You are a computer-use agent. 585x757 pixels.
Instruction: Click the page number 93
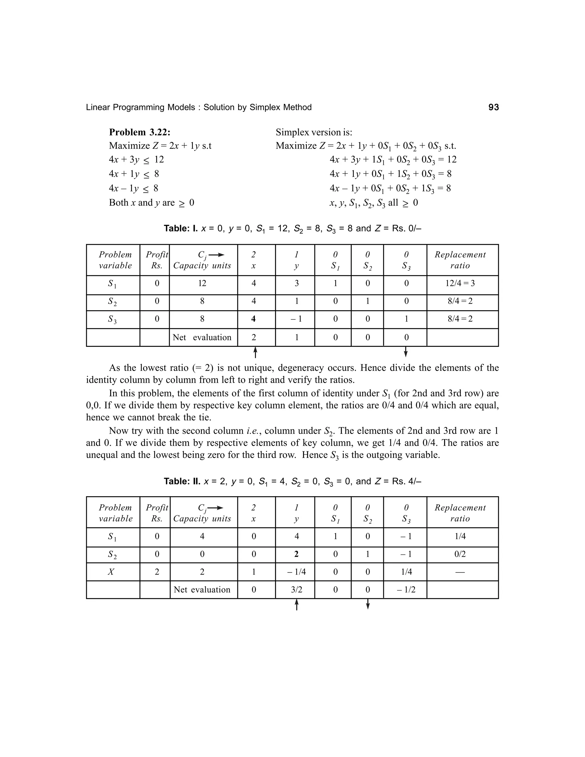[x=494, y=107]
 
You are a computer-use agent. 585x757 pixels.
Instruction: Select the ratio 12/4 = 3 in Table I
[x=460, y=284]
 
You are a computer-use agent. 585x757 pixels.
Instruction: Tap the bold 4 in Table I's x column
[x=253, y=319]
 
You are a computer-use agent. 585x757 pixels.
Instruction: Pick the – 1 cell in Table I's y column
[x=296, y=319]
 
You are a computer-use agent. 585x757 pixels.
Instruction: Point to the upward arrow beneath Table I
[x=255, y=352]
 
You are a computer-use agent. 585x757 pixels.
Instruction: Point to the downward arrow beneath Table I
[x=406, y=352]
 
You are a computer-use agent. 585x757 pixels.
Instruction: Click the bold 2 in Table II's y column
[x=296, y=554]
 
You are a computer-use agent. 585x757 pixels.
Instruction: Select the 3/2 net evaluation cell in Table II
[x=296, y=590]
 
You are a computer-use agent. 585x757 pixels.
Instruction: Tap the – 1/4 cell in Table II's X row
[x=296, y=572]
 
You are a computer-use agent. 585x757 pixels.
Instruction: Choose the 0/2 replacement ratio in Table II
[x=460, y=554]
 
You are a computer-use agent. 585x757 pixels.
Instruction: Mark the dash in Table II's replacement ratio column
[x=460, y=572]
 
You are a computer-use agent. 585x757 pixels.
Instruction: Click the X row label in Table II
[x=111, y=572]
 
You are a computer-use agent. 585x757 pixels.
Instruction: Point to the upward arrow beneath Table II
[x=296, y=605]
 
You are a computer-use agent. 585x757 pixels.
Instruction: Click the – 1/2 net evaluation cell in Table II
[x=406, y=590]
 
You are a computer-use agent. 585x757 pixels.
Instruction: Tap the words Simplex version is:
[x=314, y=133]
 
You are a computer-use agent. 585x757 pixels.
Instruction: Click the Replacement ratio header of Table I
[x=460, y=260]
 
